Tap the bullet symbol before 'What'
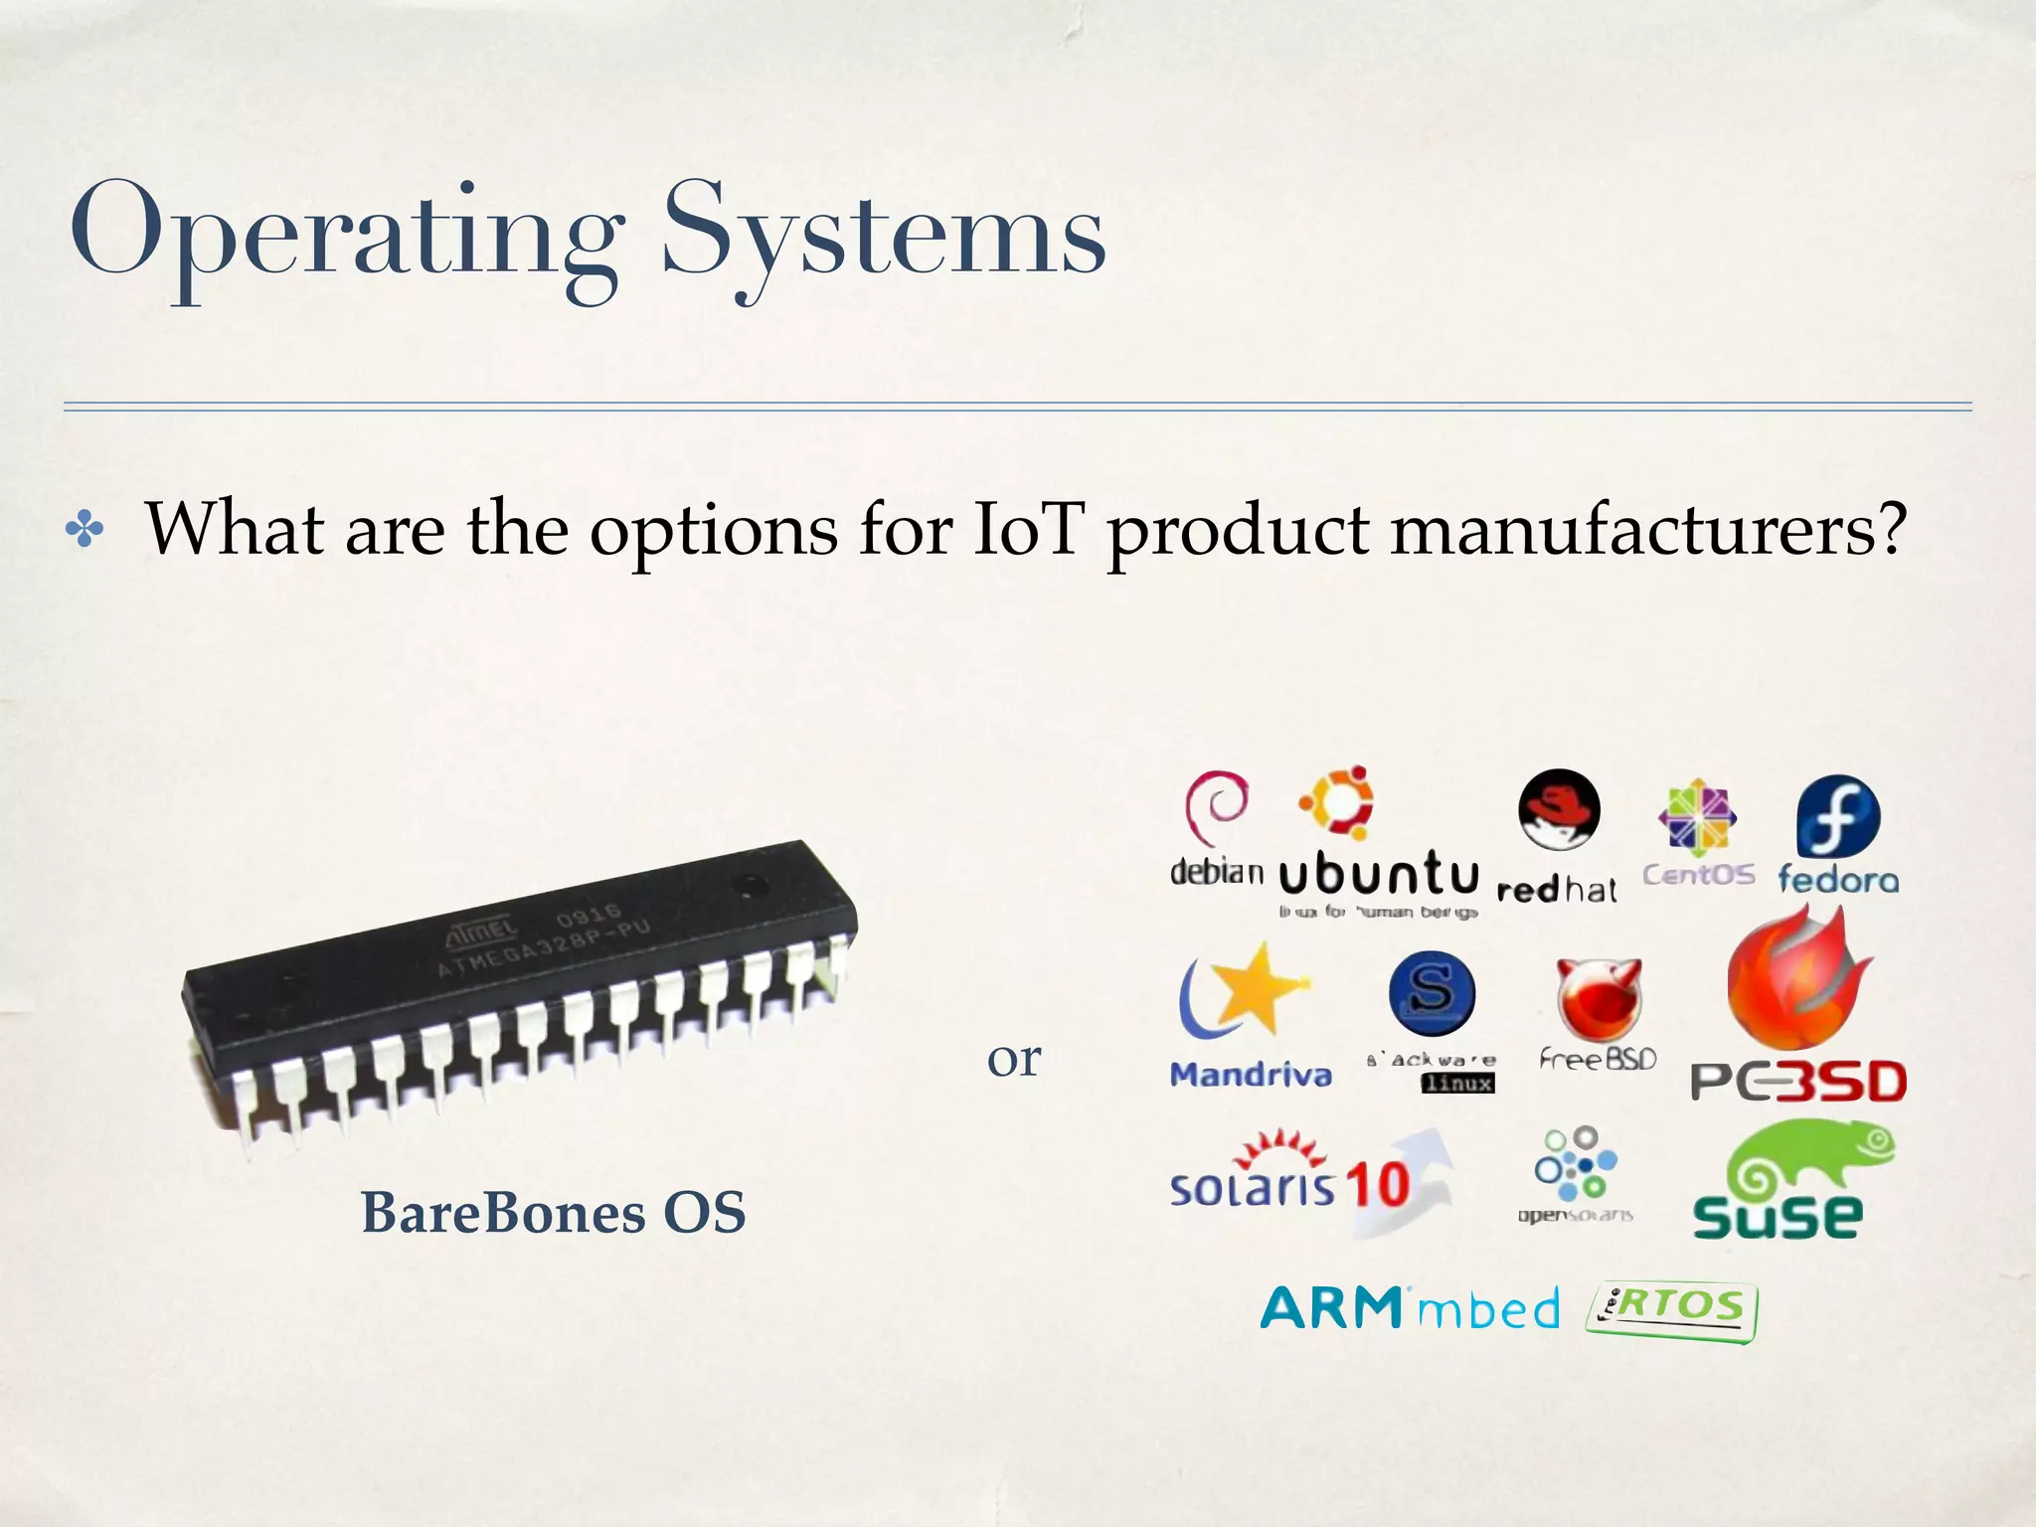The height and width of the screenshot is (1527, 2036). (85, 531)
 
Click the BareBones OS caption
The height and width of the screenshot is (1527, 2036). (553, 1213)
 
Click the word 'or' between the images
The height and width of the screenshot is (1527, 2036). (1014, 1059)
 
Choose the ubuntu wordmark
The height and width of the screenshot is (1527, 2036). (1378, 875)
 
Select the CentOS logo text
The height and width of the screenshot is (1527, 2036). (1698, 875)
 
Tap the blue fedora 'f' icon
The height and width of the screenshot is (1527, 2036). (1838, 816)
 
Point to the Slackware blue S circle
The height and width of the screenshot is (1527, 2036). (1432, 992)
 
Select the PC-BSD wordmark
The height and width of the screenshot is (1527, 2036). (1798, 1082)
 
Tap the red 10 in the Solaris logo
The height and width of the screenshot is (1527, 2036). (1378, 1185)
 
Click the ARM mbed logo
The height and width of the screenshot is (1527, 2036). (1410, 1308)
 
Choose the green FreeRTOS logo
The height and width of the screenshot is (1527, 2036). (1673, 1310)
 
